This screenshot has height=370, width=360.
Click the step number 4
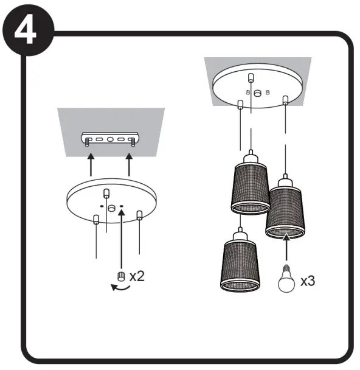26,30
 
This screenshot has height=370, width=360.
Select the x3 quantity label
308,281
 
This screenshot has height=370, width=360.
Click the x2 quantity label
137,276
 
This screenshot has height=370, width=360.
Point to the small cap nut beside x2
121,276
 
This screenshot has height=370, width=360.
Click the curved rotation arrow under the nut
120,288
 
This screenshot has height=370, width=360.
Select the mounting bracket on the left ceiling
110,139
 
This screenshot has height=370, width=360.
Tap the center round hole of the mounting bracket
110,139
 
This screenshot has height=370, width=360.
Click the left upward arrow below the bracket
91,164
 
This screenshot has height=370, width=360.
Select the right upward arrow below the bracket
129,164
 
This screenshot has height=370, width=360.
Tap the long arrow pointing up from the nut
122,239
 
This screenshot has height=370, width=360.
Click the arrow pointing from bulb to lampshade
286,247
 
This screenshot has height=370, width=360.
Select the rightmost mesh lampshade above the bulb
285,207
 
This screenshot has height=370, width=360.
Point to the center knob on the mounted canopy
257,93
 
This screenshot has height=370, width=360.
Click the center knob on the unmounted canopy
111,208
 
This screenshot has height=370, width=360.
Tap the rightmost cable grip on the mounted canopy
285,100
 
